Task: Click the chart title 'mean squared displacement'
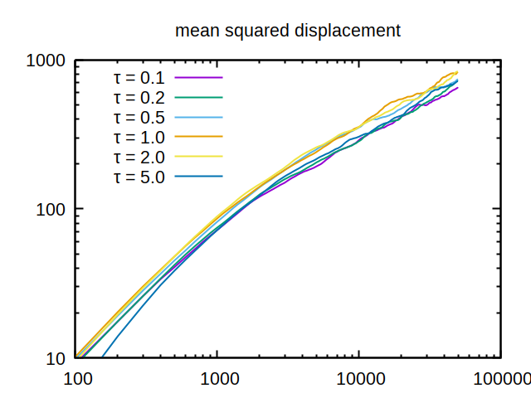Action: pyautogui.click(x=287, y=32)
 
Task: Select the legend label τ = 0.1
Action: pyautogui.click(x=139, y=78)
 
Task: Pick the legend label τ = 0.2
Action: pyautogui.click(x=139, y=98)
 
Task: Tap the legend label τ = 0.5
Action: pyautogui.click(x=139, y=118)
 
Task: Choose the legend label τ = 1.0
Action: pyautogui.click(x=139, y=137)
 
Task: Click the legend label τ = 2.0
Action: pyautogui.click(x=139, y=157)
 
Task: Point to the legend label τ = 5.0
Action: pyautogui.click(x=139, y=177)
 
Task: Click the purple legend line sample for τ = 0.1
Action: pyautogui.click(x=200, y=78)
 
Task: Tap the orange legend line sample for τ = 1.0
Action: pyautogui.click(x=200, y=137)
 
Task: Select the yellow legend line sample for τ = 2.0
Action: pyautogui.click(x=200, y=157)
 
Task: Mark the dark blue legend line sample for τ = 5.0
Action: pyautogui.click(x=200, y=177)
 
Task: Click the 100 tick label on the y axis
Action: pyautogui.click(x=52, y=209)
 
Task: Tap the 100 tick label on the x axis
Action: pyautogui.click(x=76, y=379)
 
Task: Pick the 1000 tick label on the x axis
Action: pyautogui.click(x=217, y=379)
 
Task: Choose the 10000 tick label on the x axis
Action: pyautogui.click(x=358, y=379)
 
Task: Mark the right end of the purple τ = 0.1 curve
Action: pyautogui.click(x=457, y=87)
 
